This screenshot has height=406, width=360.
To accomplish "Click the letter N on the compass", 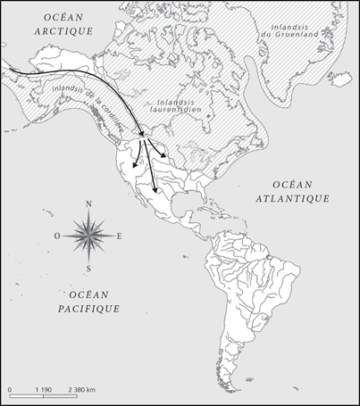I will coord(88,204).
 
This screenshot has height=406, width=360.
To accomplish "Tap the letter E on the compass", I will coord(119,236).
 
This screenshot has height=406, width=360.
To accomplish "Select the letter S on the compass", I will coord(88,268).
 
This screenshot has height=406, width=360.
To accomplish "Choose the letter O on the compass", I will coord(57,236).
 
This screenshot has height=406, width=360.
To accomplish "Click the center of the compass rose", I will coord(88,236).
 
